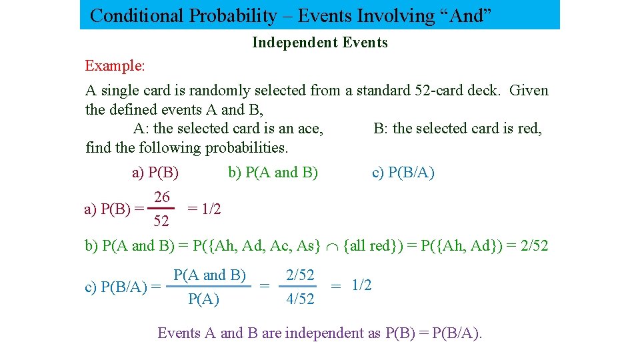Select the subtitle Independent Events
(x=319, y=43)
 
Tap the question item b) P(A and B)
(x=273, y=173)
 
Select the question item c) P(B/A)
(x=403, y=173)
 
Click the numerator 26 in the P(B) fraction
(x=161, y=197)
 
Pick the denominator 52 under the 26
(x=161, y=221)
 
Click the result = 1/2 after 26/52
(x=204, y=209)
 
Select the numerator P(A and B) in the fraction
(x=209, y=275)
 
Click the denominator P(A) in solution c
(x=203, y=299)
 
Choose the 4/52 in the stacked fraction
(x=299, y=299)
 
